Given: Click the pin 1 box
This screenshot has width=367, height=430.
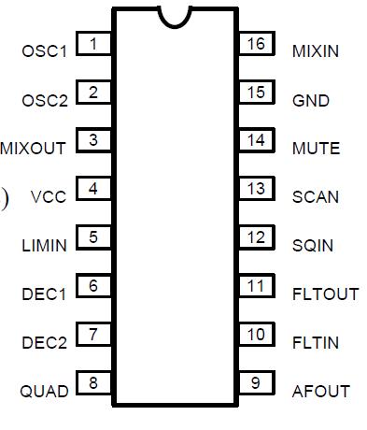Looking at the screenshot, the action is [x=93, y=44].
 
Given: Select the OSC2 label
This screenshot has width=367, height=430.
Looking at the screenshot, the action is [x=45, y=100].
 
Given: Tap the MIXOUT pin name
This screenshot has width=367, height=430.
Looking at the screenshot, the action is [x=34, y=149].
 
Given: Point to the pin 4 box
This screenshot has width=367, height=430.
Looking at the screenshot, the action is [x=93, y=189].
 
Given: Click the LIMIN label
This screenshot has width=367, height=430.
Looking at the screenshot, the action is [x=45, y=246].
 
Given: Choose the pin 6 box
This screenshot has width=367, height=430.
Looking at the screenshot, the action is [x=93, y=286].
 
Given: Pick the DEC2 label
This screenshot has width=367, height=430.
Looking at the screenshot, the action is [x=45, y=343].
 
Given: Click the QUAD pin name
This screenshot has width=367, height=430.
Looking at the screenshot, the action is [x=45, y=392].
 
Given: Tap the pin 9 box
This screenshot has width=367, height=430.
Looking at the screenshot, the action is [x=256, y=382].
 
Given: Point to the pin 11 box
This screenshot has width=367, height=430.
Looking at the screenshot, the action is [x=256, y=286].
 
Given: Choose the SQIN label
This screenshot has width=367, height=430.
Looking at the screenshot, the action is [x=313, y=246].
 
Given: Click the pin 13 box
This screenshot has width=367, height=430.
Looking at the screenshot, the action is [x=256, y=189].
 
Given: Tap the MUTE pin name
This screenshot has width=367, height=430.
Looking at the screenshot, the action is [x=316, y=149].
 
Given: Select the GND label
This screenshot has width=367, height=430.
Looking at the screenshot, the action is [x=311, y=100].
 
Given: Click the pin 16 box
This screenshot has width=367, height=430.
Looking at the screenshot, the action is [x=256, y=44].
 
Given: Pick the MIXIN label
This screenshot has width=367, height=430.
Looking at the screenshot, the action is [x=316, y=50].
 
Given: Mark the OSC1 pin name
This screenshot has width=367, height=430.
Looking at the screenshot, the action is [x=45, y=50].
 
